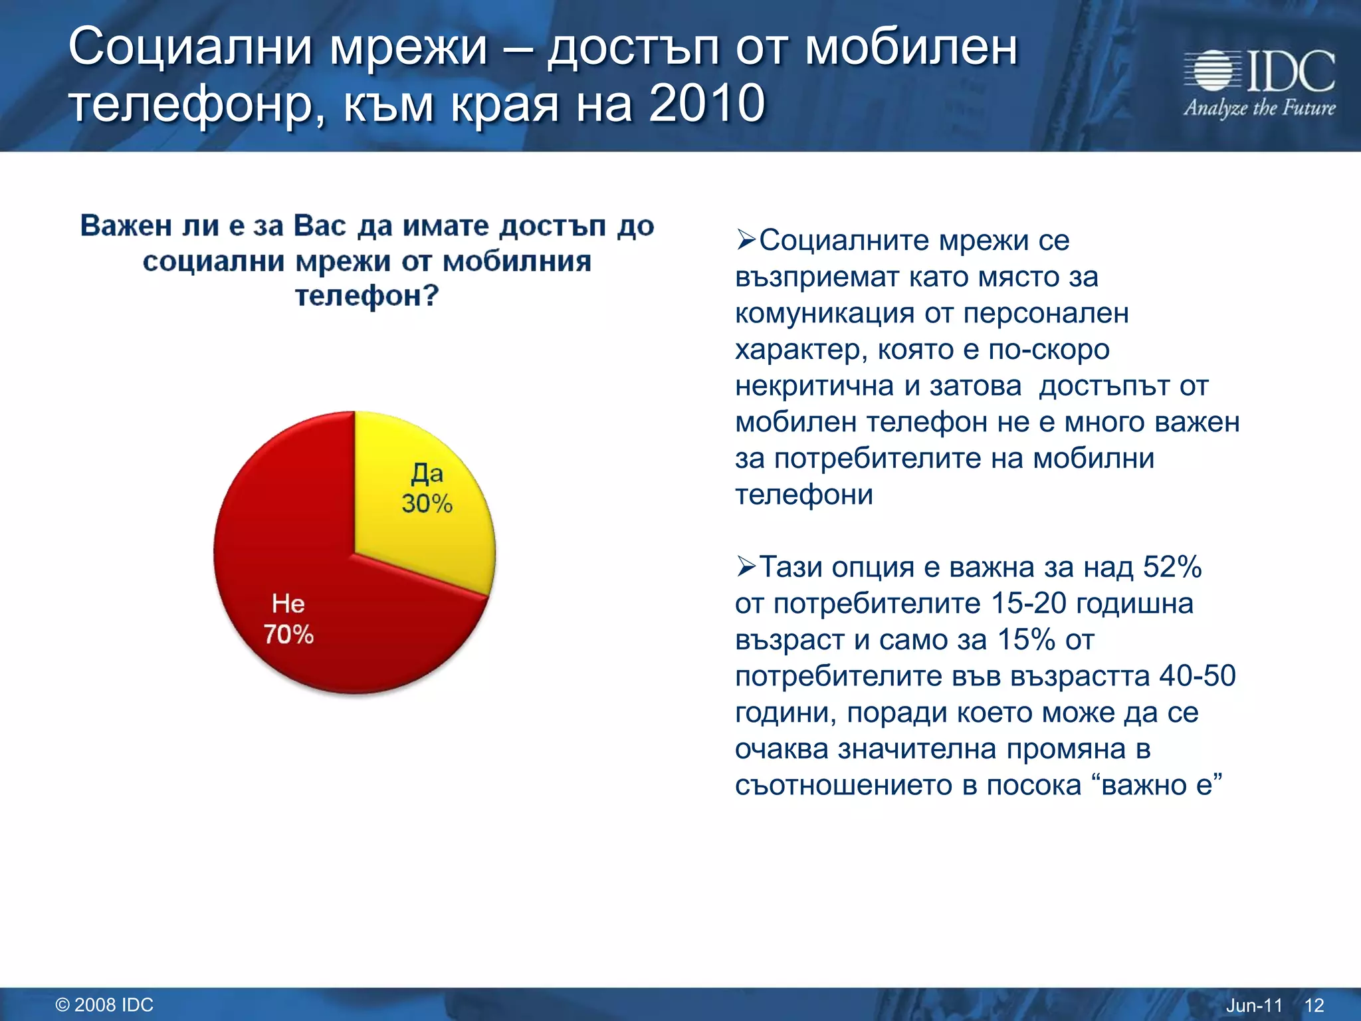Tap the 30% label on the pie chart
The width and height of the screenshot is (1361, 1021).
click(x=427, y=504)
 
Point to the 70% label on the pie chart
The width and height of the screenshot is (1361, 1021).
click(x=288, y=634)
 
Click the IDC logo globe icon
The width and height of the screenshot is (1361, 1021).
click(x=1213, y=70)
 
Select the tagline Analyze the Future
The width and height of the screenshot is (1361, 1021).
click(x=1259, y=108)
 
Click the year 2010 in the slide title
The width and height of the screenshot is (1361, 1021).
click(x=706, y=104)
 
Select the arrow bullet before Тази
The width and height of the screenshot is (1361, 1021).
click(x=746, y=566)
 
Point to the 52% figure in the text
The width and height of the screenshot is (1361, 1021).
click(x=1172, y=568)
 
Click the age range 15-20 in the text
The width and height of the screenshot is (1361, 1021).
click(x=1028, y=604)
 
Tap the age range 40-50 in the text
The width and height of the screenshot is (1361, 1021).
click(x=1198, y=676)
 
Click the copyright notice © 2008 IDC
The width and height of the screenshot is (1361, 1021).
click(x=104, y=1004)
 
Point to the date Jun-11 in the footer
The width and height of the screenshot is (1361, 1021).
click(x=1253, y=1005)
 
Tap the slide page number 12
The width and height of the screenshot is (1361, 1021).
click(x=1314, y=1005)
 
